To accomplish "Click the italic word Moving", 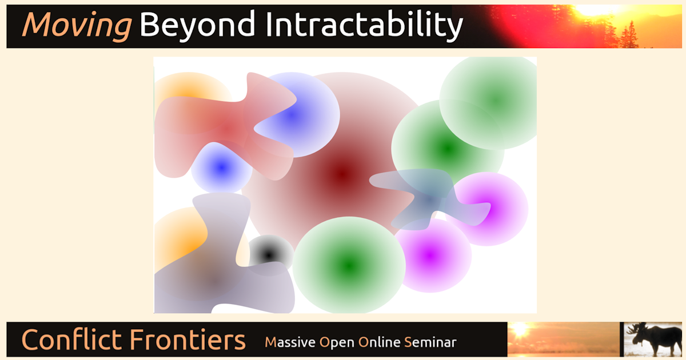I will pos(77,26).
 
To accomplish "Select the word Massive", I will pos(290,342).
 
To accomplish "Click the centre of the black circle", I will pos(269,254).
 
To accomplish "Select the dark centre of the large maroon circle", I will pos(342,173).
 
